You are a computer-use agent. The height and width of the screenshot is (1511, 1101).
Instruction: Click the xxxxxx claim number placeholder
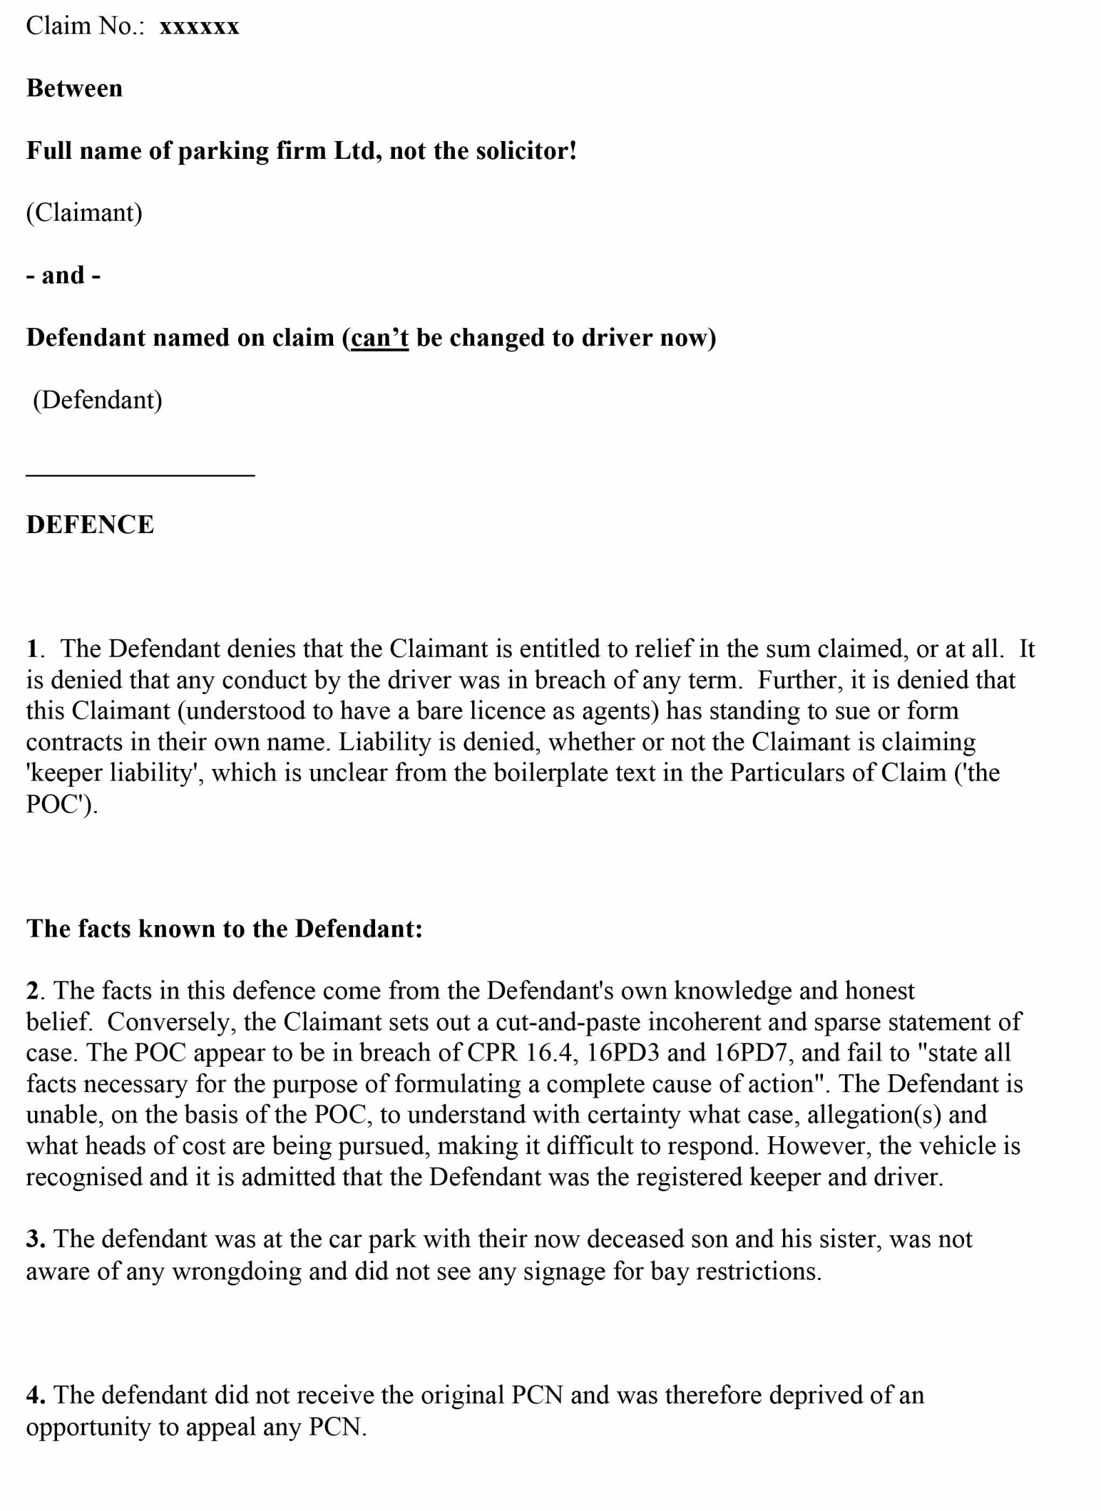pyautogui.click(x=199, y=27)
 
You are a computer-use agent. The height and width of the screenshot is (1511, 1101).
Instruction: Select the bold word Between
pyautogui.click(x=74, y=89)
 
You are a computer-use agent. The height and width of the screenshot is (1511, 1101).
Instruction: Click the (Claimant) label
pyautogui.click(x=84, y=213)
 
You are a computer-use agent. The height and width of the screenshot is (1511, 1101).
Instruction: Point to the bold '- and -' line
pyautogui.click(x=63, y=275)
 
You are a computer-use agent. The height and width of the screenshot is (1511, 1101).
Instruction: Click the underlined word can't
pyautogui.click(x=380, y=338)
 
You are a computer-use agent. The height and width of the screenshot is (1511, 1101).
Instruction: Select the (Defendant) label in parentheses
pyautogui.click(x=98, y=400)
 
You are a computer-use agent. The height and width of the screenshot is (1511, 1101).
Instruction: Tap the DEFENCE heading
pyautogui.click(x=90, y=525)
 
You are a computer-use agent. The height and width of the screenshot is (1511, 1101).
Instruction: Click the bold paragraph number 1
pyautogui.click(x=32, y=649)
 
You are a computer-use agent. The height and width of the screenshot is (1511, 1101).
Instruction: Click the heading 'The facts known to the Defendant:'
pyautogui.click(x=224, y=928)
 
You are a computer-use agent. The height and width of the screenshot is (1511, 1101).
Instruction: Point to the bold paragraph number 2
pyautogui.click(x=33, y=991)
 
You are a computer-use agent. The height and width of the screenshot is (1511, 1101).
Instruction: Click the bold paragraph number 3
pyautogui.click(x=35, y=1239)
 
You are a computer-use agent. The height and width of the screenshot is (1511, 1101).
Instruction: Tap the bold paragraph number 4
pyautogui.click(x=35, y=1395)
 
